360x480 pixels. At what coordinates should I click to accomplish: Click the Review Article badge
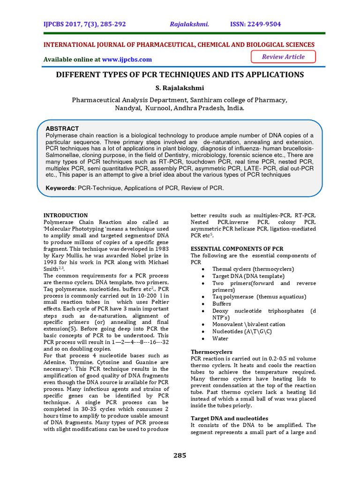coord(283,57)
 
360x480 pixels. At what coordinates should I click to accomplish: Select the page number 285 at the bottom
coord(180,455)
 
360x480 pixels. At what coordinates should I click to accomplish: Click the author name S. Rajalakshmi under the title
coord(180,88)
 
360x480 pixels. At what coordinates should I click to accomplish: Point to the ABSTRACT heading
coord(62,128)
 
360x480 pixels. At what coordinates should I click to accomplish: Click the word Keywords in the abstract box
coord(60,188)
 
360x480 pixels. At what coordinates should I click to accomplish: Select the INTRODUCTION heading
coord(66,215)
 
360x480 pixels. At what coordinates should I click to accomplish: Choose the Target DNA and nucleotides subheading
coord(229,418)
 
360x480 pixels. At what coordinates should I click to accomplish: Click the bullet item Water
coord(220,338)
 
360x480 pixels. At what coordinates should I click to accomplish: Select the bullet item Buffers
coord(222,304)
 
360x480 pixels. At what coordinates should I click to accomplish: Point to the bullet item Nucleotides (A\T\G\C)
coord(242,331)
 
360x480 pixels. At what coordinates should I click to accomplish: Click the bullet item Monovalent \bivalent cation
coord(248,324)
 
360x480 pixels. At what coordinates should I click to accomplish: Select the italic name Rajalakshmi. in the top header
coord(189,24)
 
